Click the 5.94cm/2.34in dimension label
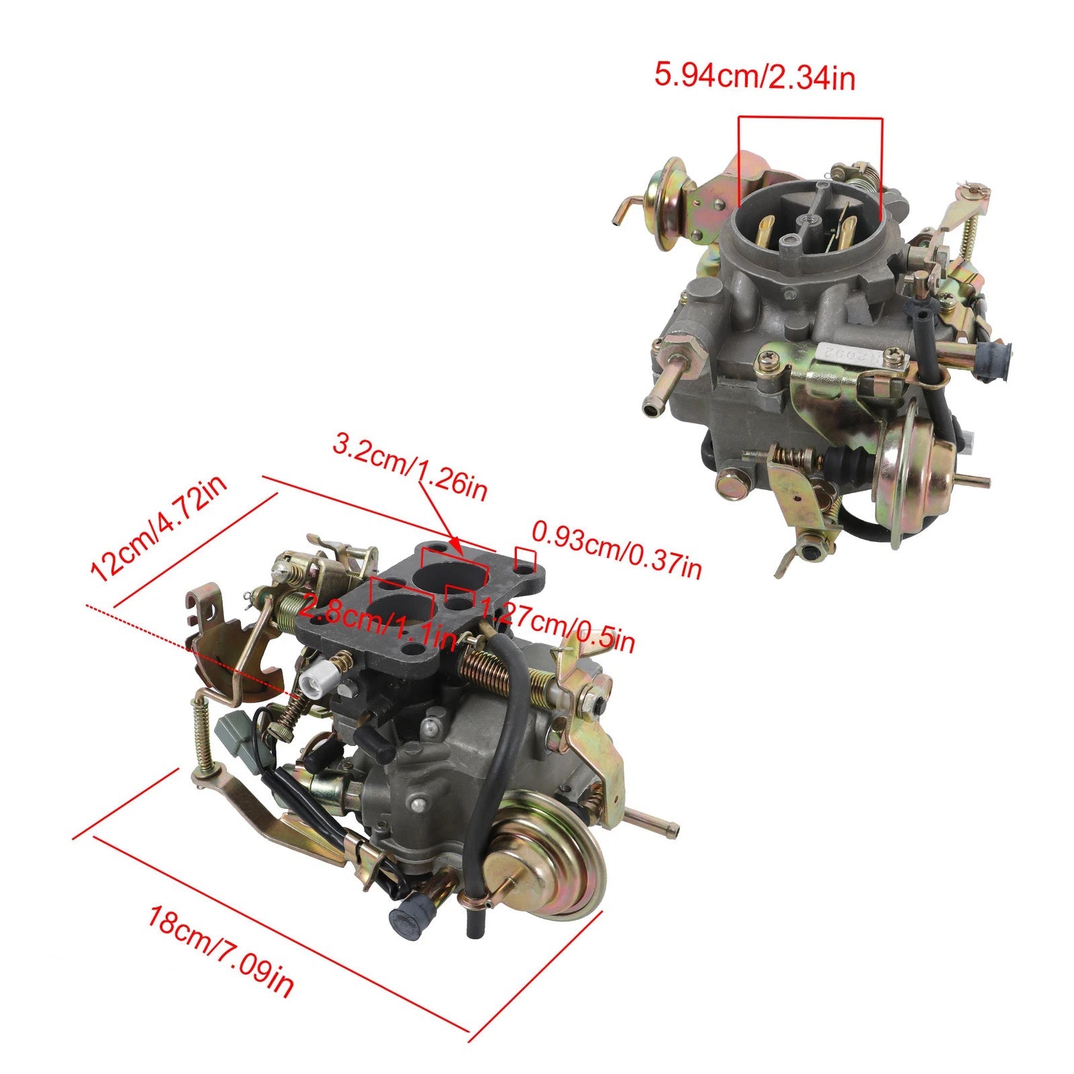pyautogui.click(x=754, y=77)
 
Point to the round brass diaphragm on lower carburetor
pyautogui.click(x=547, y=856)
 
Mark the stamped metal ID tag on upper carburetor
pyautogui.click(x=863, y=356)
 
